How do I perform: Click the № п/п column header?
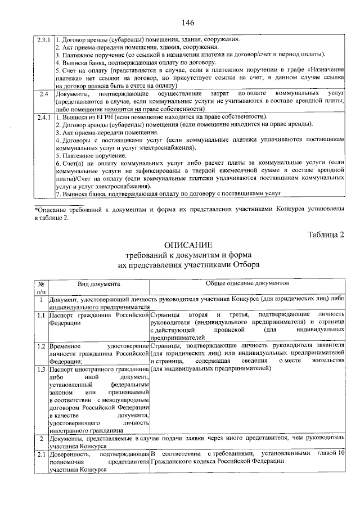(41, 289)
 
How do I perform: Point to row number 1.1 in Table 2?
(41, 316)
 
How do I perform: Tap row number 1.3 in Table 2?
(41, 369)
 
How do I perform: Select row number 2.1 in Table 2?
(41, 453)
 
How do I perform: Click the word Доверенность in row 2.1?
(70, 453)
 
